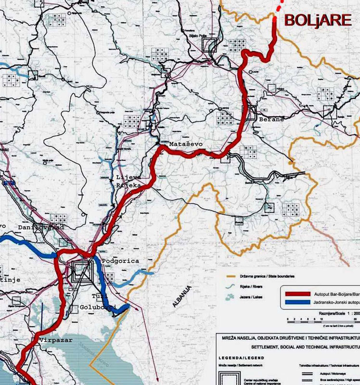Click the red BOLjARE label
318,21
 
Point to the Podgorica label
121,261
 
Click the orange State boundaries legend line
233,276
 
